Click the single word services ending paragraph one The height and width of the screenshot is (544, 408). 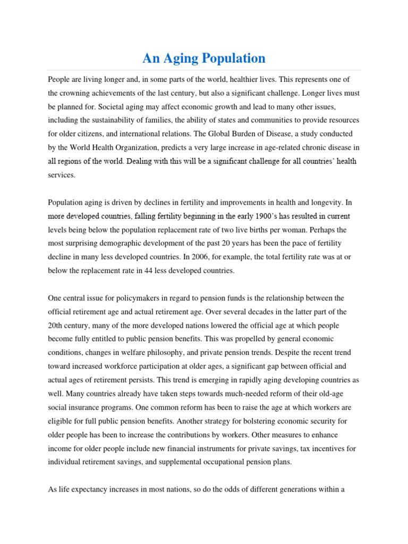click(62, 175)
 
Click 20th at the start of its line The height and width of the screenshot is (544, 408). click(56, 326)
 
